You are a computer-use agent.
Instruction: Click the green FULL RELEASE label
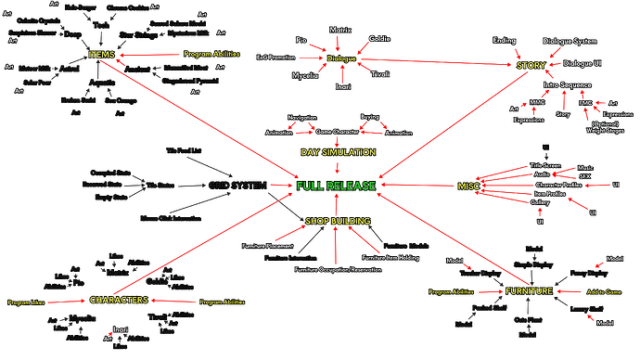(336, 186)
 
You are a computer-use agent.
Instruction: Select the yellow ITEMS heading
(101, 57)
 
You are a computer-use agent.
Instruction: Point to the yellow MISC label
(468, 186)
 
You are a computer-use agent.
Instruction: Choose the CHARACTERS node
(120, 301)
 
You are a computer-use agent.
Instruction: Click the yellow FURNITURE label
(530, 291)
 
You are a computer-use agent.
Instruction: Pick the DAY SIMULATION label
(338, 151)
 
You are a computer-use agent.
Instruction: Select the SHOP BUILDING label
(338, 221)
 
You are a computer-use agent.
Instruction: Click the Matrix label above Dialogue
(341, 31)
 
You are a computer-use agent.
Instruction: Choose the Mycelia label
(305, 75)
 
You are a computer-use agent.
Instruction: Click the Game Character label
(338, 133)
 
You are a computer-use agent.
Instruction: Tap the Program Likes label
(26, 302)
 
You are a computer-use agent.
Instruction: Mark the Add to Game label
(605, 291)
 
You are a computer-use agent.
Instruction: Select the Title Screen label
(546, 164)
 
